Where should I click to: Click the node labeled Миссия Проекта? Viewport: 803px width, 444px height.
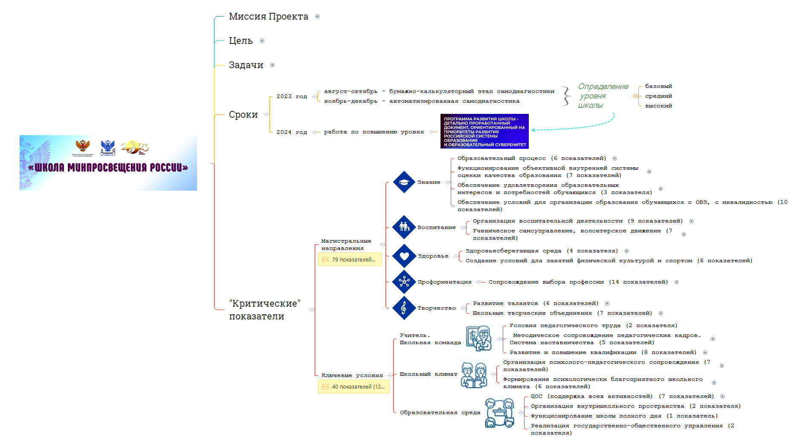[268, 17]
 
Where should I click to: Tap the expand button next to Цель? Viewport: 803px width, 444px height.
[262, 41]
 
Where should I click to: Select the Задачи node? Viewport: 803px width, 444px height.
[246, 65]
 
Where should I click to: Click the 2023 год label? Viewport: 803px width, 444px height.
[291, 96]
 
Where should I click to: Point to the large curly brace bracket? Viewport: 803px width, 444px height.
[566, 96]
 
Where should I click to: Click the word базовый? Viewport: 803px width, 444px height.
[658, 86]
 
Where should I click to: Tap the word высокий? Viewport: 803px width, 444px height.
[658, 106]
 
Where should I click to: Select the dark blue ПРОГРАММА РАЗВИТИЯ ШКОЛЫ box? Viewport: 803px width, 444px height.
[484, 131]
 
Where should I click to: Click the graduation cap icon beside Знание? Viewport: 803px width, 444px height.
[404, 182]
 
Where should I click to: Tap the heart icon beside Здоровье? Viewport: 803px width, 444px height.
[404, 256]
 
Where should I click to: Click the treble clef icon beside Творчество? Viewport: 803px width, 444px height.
[404, 308]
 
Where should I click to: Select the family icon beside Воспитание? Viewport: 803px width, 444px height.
[404, 227]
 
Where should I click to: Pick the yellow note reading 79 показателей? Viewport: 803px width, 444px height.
[350, 259]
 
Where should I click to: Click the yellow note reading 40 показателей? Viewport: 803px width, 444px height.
[354, 386]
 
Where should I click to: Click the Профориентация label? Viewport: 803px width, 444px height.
[444, 282]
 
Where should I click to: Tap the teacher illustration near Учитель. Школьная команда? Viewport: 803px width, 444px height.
[478, 338]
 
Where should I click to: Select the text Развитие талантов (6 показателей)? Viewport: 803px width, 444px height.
[535, 303]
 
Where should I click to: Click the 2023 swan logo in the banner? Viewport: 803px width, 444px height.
[135, 148]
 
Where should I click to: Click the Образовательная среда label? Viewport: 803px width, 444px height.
[440, 412]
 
